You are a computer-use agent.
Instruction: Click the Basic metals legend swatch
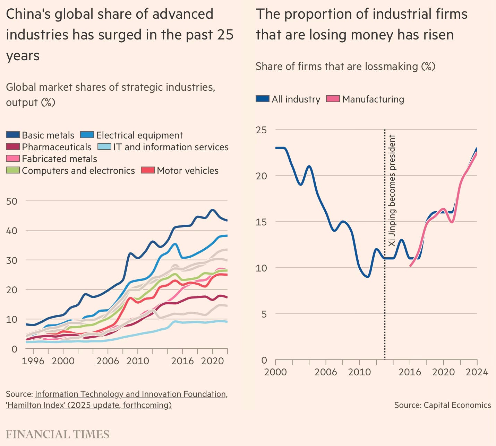point(13,135)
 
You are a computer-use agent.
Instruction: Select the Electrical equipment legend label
point(139,135)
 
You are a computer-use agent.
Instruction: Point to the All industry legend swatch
point(263,99)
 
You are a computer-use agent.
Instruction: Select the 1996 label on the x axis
point(33,361)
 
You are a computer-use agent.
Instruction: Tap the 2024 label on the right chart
point(477,372)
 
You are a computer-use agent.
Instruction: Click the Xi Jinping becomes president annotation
point(392,190)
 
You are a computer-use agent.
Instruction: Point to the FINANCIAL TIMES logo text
point(58,434)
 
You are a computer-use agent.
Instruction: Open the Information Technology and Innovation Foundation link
point(131,394)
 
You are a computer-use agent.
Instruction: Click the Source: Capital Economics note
point(442,405)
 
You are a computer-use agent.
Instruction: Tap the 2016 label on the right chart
point(410,372)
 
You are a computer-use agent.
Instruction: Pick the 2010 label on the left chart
point(138,361)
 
